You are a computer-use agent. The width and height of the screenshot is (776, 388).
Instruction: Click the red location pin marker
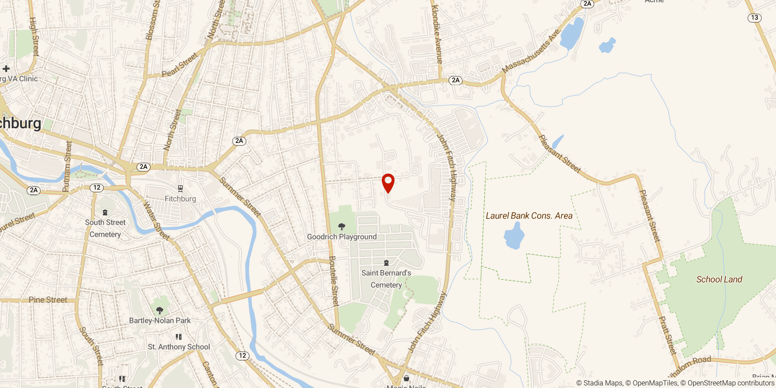pos(388,182)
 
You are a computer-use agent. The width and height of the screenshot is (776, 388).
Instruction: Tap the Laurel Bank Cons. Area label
pos(529,216)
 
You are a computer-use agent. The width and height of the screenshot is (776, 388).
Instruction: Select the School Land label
pos(719,279)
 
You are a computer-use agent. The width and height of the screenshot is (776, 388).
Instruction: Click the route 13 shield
pos(754,17)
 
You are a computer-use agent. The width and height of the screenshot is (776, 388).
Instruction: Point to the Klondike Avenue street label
pos(437,34)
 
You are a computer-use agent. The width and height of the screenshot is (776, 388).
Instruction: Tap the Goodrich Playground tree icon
pos(341,226)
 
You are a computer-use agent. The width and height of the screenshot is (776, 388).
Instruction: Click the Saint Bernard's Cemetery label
pos(386,279)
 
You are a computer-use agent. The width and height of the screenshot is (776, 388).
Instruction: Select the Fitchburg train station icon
pos(180,189)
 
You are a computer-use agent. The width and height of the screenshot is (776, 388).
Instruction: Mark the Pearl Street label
pos(180,65)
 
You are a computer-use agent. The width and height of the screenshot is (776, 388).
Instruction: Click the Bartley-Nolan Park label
pos(160,320)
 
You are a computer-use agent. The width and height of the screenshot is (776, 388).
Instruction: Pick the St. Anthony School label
pos(179,347)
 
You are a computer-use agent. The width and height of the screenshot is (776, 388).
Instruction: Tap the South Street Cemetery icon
pos(105,212)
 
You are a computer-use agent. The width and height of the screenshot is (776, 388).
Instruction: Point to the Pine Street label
pos(48,300)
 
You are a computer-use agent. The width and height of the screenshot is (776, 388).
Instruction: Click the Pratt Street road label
pos(667,335)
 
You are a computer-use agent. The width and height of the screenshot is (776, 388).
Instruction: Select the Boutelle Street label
pos(334,281)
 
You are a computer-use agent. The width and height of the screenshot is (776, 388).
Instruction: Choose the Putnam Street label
pos(67,167)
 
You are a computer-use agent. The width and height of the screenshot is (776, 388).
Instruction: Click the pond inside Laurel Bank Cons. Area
pos(514,236)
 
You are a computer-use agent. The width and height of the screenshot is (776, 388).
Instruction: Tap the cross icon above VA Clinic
pos(6,69)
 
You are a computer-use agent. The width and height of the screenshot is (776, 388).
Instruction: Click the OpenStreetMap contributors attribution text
pos(731,383)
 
